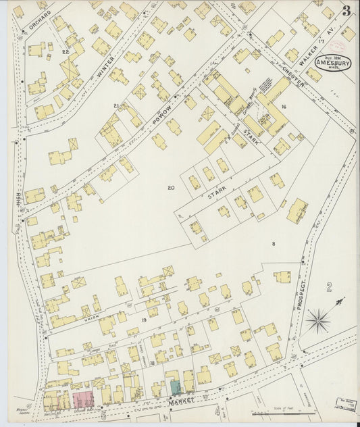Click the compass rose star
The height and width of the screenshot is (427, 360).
317,320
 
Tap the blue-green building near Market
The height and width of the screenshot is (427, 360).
175,388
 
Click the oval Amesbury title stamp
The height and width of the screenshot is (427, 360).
332,63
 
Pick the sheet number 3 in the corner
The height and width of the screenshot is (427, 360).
346,11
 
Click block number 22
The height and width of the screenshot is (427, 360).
65,51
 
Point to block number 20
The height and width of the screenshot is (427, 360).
170,187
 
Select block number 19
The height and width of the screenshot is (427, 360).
144,320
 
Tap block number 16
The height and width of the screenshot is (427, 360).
284,107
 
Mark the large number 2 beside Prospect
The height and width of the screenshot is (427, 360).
329,287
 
